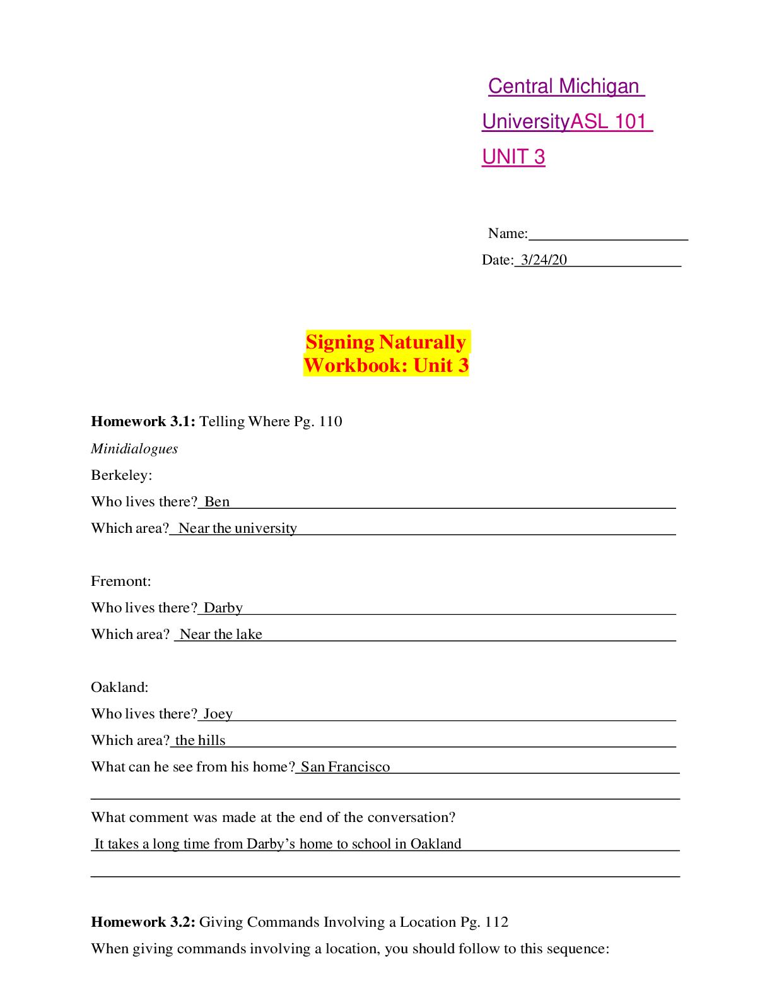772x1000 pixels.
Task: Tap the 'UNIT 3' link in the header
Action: (513, 157)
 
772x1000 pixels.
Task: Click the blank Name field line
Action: (608, 234)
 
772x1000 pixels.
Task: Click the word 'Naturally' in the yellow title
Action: (423, 342)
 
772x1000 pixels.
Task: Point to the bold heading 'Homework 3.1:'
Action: (143, 422)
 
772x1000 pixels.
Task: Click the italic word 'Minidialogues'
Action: (134, 449)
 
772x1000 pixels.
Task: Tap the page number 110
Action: (330, 422)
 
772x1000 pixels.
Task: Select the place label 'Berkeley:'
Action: (121, 475)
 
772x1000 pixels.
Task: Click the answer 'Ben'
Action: (217, 502)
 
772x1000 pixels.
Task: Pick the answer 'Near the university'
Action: (237, 528)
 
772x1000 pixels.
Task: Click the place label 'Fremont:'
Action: (120, 581)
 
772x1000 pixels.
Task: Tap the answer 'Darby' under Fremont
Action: (223, 608)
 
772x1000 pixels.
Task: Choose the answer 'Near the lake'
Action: (221, 634)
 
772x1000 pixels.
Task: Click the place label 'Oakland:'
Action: (119, 687)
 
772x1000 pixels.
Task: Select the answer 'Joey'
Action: (218, 714)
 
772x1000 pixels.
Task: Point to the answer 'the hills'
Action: (200, 741)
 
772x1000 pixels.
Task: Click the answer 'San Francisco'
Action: (345, 767)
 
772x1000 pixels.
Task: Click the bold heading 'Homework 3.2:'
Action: (143, 922)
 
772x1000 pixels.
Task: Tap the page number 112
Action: (496, 922)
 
